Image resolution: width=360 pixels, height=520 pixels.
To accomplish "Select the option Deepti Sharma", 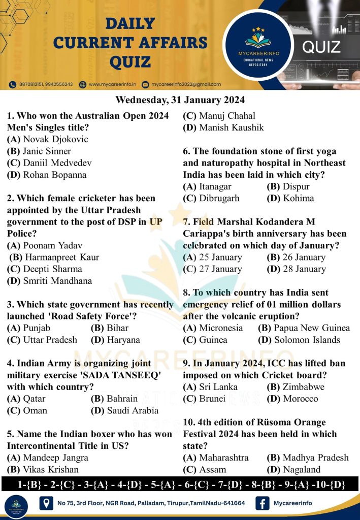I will click(x=44, y=269).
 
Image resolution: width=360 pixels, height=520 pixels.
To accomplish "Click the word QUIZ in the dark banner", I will click(x=321, y=48).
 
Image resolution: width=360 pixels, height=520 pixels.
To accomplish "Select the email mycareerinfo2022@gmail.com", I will click(x=185, y=84).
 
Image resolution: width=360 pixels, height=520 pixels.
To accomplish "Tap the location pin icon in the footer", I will click(x=47, y=503).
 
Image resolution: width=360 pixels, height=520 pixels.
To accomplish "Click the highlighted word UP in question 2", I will click(x=155, y=221).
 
